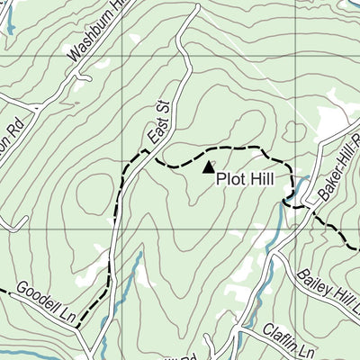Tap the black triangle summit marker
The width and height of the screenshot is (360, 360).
coord(209,166)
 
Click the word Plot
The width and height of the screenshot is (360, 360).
coord(229,178)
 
